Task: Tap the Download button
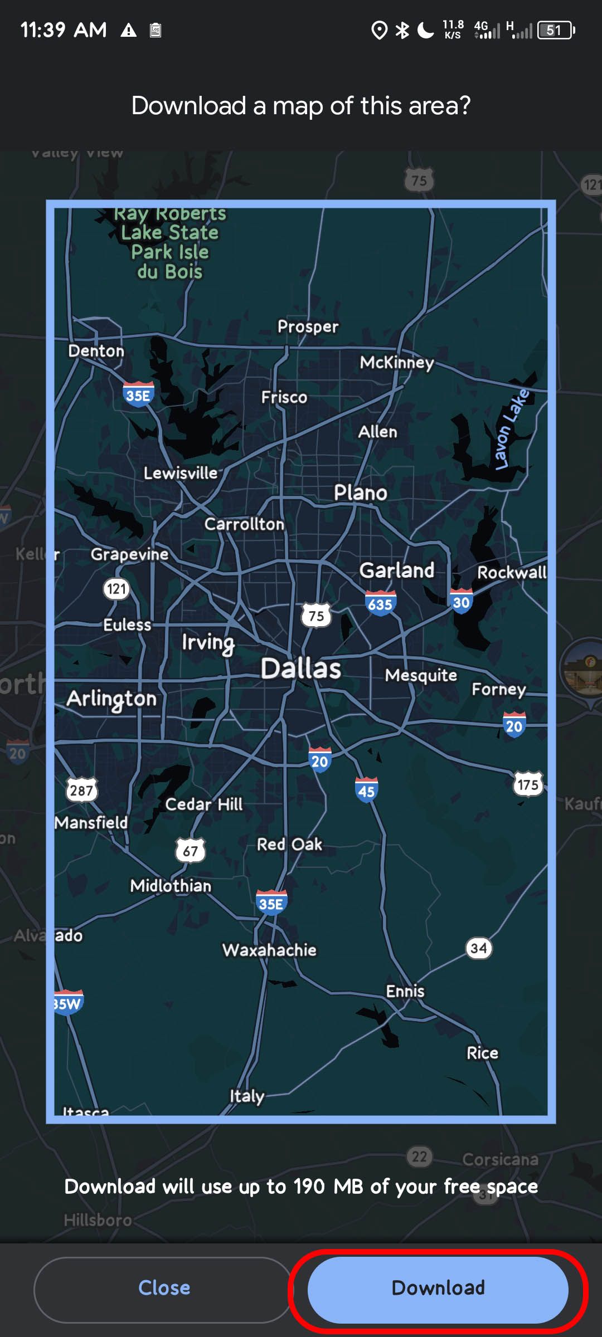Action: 438,1289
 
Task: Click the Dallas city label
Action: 301,668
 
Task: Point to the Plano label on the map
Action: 361,492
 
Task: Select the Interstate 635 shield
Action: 380,604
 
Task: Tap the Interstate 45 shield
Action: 366,791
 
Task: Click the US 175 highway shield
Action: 528,784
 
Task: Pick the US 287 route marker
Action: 81,790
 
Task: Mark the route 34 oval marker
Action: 478,948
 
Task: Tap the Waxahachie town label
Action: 269,950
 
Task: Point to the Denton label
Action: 96,351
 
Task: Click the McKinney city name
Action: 397,363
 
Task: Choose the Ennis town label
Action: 405,991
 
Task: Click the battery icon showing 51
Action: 555,30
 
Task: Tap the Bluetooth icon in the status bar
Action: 401,30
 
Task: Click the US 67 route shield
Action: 190,851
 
